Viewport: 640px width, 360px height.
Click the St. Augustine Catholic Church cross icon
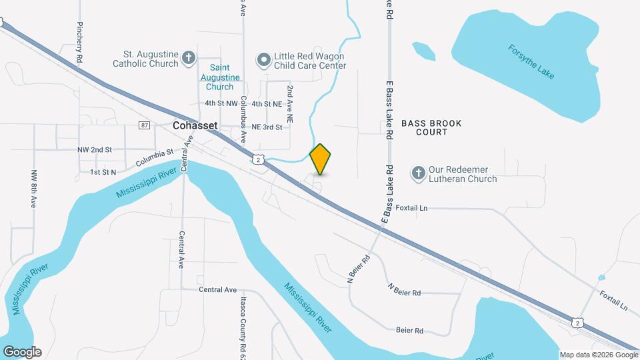click(x=189, y=58)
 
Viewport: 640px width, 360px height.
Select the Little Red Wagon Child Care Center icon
click(x=264, y=60)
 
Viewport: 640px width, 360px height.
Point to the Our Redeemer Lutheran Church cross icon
click(x=418, y=173)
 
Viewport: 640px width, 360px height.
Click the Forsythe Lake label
click(x=531, y=62)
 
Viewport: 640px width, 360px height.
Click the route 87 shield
click(x=145, y=125)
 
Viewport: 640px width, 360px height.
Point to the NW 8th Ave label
click(x=33, y=189)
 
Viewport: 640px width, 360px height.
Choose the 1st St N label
click(x=103, y=172)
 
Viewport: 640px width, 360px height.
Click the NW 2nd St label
click(x=94, y=150)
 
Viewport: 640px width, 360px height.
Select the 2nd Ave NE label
click(x=291, y=103)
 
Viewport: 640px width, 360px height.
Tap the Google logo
click(x=22, y=352)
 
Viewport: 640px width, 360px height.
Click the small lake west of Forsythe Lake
click(x=423, y=50)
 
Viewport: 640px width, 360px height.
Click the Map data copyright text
click(x=597, y=355)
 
